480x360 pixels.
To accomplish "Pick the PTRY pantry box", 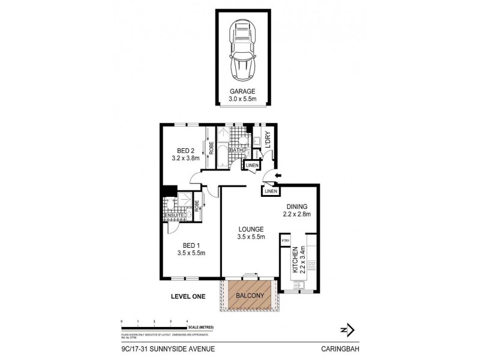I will click(286, 241).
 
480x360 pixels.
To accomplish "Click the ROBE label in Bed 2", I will click(212, 148).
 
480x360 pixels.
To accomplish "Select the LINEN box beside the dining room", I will click(271, 191).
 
